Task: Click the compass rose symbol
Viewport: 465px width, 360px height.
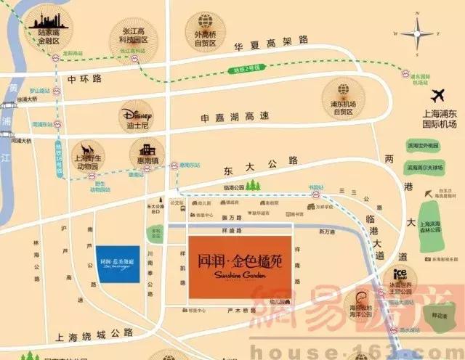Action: pos(418,33)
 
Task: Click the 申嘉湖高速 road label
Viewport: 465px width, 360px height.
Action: pos(235,117)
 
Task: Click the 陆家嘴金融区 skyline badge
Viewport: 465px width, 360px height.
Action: pos(49,28)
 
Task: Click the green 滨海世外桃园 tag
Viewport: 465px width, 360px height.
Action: pos(424,145)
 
